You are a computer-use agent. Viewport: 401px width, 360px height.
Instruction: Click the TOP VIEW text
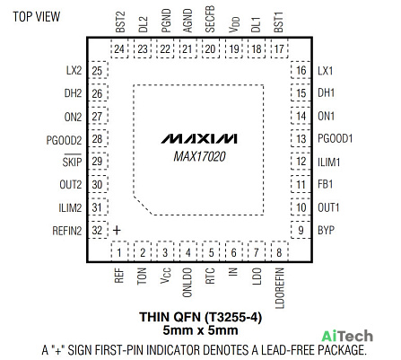tap(37, 17)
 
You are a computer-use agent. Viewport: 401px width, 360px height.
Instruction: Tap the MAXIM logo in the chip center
tap(199, 139)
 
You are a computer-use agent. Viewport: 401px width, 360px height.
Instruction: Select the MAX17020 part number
tap(199, 156)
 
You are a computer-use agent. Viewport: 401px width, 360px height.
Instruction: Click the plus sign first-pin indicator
tap(117, 230)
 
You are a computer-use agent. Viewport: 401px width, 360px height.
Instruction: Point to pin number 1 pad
tap(119, 251)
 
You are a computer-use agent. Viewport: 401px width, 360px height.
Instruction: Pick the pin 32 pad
tap(97, 230)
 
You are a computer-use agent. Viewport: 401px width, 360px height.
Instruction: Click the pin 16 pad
tap(301, 70)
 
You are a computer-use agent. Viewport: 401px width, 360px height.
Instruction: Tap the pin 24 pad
tap(119, 48)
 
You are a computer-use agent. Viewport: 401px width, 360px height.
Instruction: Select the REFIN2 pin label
tap(67, 231)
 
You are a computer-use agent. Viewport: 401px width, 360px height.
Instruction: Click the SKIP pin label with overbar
tap(72, 161)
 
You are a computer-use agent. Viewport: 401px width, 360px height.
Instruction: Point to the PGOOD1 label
tap(335, 138)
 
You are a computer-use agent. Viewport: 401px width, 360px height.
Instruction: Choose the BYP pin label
tap(326, 230)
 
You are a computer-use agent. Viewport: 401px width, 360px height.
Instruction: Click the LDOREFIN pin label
tap(279, 288)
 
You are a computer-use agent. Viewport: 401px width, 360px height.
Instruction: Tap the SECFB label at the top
tap(210, 19)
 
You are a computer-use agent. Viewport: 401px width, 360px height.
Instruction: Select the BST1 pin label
tap(278, 22)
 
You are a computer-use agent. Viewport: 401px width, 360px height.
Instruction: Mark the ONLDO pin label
tap(187, 282)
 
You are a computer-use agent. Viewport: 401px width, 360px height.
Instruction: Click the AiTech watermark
tap(347, 337)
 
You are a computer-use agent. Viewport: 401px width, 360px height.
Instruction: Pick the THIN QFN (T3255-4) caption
tap(200, 317)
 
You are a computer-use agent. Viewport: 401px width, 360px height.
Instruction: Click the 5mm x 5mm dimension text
tap(200, 330)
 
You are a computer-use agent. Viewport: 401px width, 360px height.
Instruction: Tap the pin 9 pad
tap(301, 230)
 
